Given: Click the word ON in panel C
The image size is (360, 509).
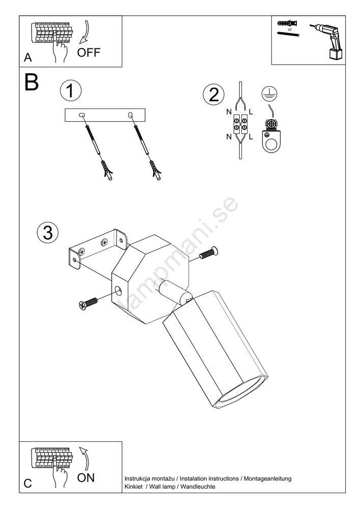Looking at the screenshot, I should (86, 477).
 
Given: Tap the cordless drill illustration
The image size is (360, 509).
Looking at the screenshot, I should (326, 38).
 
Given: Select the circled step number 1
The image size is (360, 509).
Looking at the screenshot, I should (70, 91).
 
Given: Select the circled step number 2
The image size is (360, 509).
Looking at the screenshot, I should (213, 95).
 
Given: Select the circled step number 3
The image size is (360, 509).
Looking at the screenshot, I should (48, 232).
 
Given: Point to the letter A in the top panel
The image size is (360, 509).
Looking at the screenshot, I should (27, 58).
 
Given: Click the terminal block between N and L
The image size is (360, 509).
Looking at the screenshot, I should (240, 123).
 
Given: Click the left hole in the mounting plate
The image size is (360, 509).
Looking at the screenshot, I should (82, 116).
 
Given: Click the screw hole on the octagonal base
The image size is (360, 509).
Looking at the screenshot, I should (119, 291).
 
